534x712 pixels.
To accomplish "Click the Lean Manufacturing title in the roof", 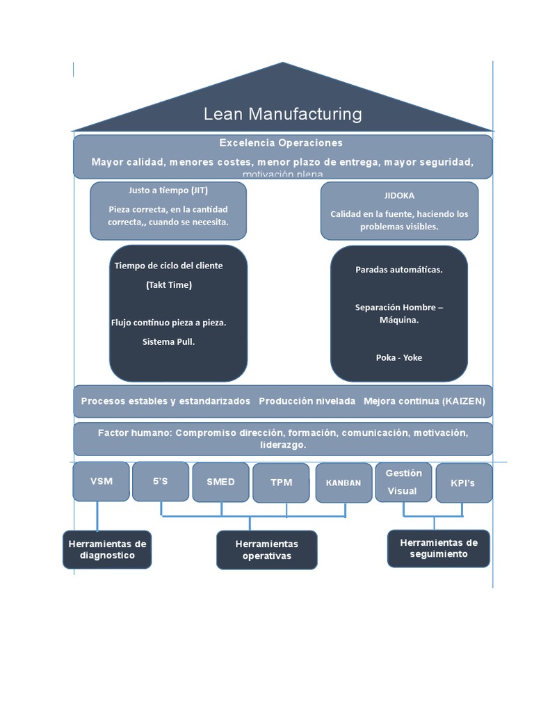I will (x=282, y=114).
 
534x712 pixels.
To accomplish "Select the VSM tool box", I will (x=101, y=481).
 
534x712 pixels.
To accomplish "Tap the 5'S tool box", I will (x=160, y=481).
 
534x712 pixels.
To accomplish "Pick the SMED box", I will (x=220, y=482).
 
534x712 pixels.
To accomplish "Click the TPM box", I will (x=281, y=483).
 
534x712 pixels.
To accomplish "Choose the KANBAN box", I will (x=343, y=483).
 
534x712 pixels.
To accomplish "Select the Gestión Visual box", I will (x=403, y=482).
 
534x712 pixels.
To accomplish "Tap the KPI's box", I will (x=463, y=483).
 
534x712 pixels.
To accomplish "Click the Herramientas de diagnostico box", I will (x=107, y=549).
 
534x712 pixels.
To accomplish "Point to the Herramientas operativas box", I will (x=266, y=550).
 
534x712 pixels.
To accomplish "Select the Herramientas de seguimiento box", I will (x=438, y=548).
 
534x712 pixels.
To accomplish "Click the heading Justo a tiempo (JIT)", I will (x=168, y=191).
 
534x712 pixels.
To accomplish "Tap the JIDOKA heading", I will (x=399, y=196).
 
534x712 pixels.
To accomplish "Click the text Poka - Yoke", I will (x=398, y=357).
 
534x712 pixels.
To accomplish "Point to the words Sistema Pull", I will (x=168, y=341).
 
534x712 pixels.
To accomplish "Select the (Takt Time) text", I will (x=168, y=284).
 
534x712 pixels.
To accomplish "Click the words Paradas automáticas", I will (x=398, y=270).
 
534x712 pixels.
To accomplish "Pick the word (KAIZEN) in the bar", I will (x=463, y=401).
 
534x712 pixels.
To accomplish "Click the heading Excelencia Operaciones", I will (x=281, y=143).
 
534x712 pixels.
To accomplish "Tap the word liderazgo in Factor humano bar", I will (x=282, y=445).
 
